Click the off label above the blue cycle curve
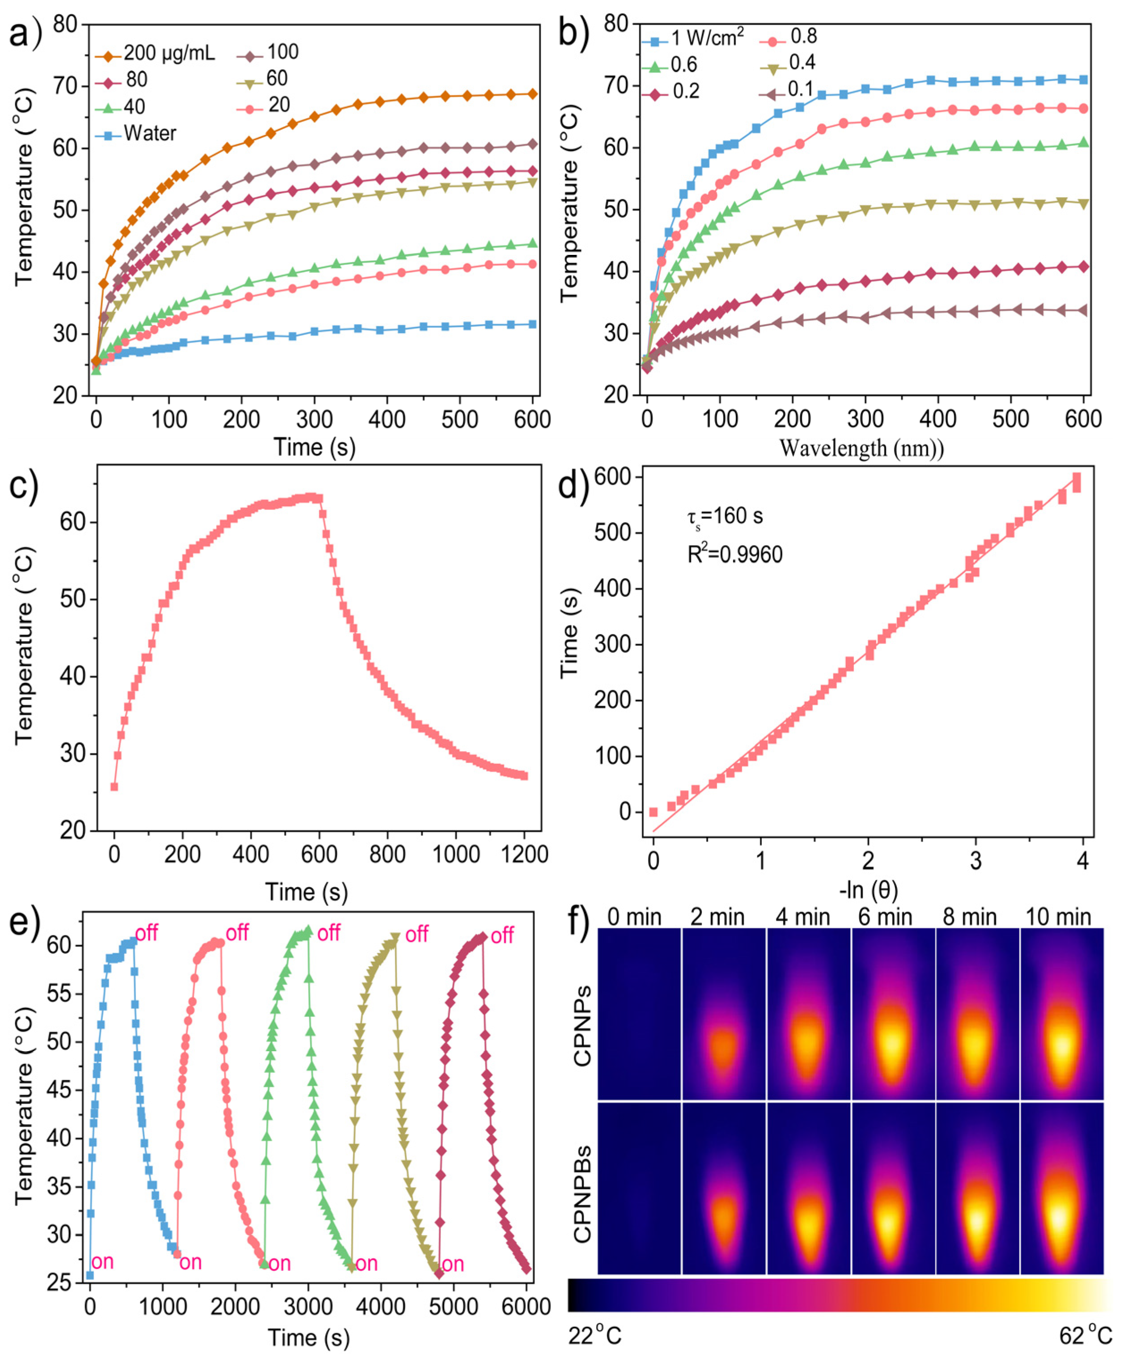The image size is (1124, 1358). pyautogui.click(x=147, y=933)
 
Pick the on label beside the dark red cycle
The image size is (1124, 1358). pyautogui.click(x=453, y=1264)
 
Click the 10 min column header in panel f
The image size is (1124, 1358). pyautogui.click(x=1058, y=917)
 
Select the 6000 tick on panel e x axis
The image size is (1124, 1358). pyautogui.click(x=526, y=1307)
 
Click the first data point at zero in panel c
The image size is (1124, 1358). pyautogui.click(x=115, y=787)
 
